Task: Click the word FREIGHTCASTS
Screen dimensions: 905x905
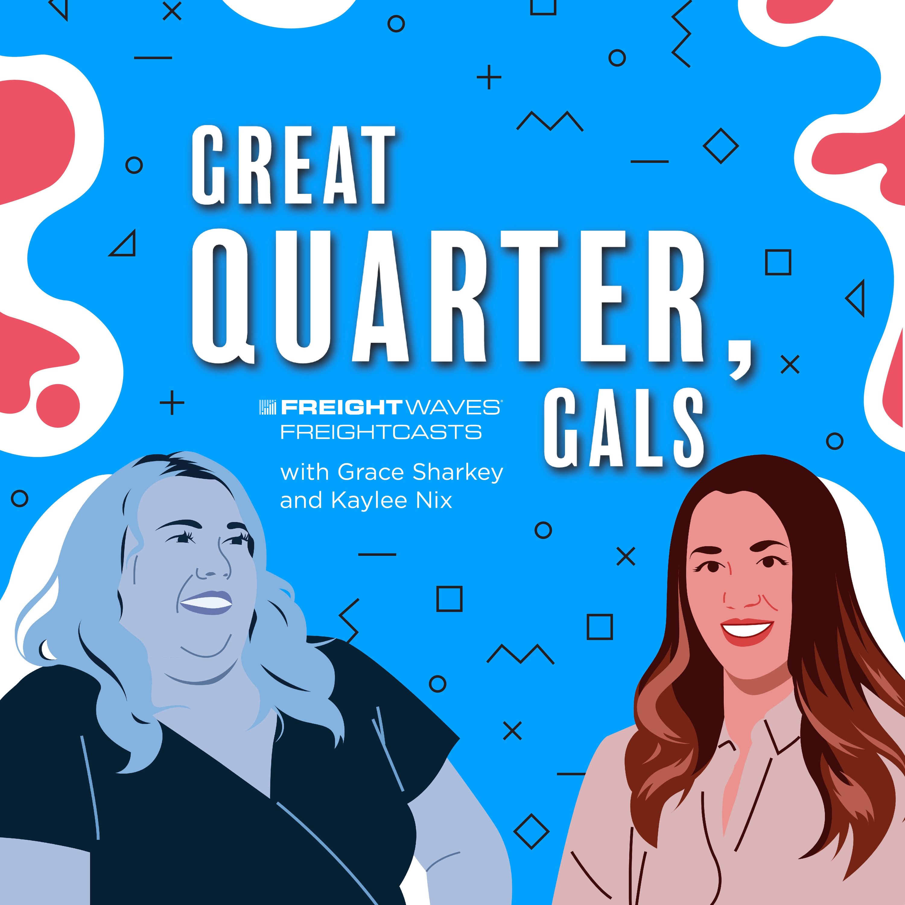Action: pyautogui.click(x=381, y=431)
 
